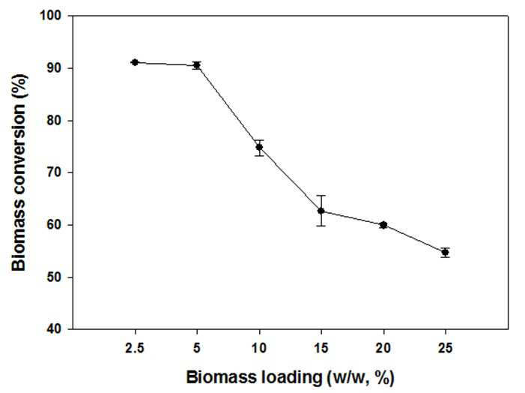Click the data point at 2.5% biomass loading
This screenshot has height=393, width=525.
[135, 62]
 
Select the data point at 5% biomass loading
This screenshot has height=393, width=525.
[197, 65]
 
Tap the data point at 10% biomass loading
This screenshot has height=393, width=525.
[259, 147]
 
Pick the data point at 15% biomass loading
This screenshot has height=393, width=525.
[321, 211]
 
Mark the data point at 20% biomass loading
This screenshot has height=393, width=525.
[383, 225]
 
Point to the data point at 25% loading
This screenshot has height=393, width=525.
[445, 252]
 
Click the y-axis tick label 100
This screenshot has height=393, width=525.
[51, 16]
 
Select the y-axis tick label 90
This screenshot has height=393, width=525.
[54, 68]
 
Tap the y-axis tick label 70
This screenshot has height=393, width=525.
[54, 172]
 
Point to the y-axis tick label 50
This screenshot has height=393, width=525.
[54, 277]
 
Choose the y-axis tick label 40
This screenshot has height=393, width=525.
[54, 329]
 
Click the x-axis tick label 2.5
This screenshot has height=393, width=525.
[135, 348]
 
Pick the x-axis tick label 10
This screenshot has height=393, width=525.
[259, 348]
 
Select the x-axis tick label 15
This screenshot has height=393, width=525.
[321, 348]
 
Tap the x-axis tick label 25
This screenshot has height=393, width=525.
[446, 348]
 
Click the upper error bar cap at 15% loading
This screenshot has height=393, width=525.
[321, 196]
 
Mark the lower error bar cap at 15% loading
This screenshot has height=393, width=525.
[321, 226]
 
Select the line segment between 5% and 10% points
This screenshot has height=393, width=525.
[228, 106]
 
